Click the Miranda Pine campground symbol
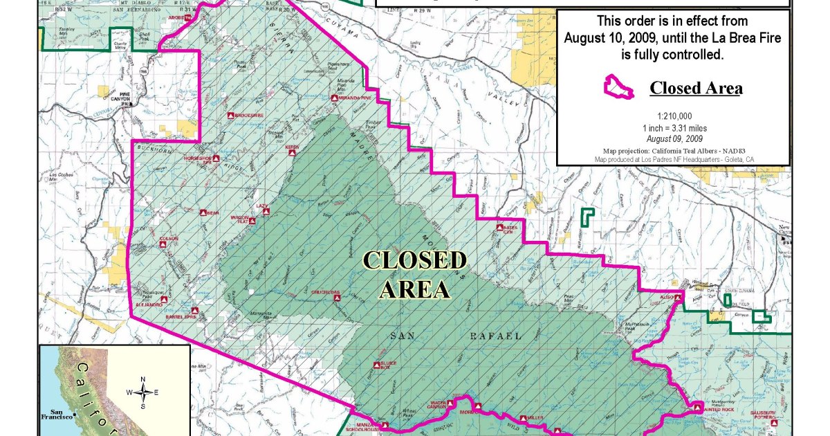[334, 99]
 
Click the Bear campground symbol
[204, 213]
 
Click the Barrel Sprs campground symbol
[195, 311]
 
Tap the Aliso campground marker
[680, 297]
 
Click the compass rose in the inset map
[143, 392]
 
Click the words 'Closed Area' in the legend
[696, 89]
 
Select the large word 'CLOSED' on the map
[415, 261]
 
